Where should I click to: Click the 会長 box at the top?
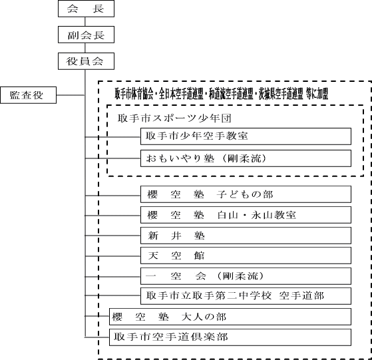pos(86,9)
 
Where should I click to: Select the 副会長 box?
pos(86,35)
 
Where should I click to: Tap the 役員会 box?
pos(86,61)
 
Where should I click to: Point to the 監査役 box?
pos(28,95)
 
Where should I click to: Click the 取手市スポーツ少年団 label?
pos(174,118)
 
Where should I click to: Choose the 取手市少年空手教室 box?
pos(246,136)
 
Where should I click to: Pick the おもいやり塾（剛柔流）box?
pos(246,158)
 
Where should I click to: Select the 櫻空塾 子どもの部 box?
pos(246,194)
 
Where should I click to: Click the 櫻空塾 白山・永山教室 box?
pos(246,215)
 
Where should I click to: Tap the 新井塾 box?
pos(246,236)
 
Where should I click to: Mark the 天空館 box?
pos(246,256)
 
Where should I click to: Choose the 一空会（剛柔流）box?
pos(246,276)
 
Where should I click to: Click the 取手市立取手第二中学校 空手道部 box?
pos(246,296)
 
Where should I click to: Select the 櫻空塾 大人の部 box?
pos(230,317)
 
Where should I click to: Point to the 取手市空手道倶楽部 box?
pos(230,337)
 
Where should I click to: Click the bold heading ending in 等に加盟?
pos(222,94)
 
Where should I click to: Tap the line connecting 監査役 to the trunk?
pos(71,95)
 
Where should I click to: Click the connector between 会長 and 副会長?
pos(85,21)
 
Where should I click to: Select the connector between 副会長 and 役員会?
pos(85,48)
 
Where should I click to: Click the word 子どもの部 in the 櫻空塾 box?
pos(245,194)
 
